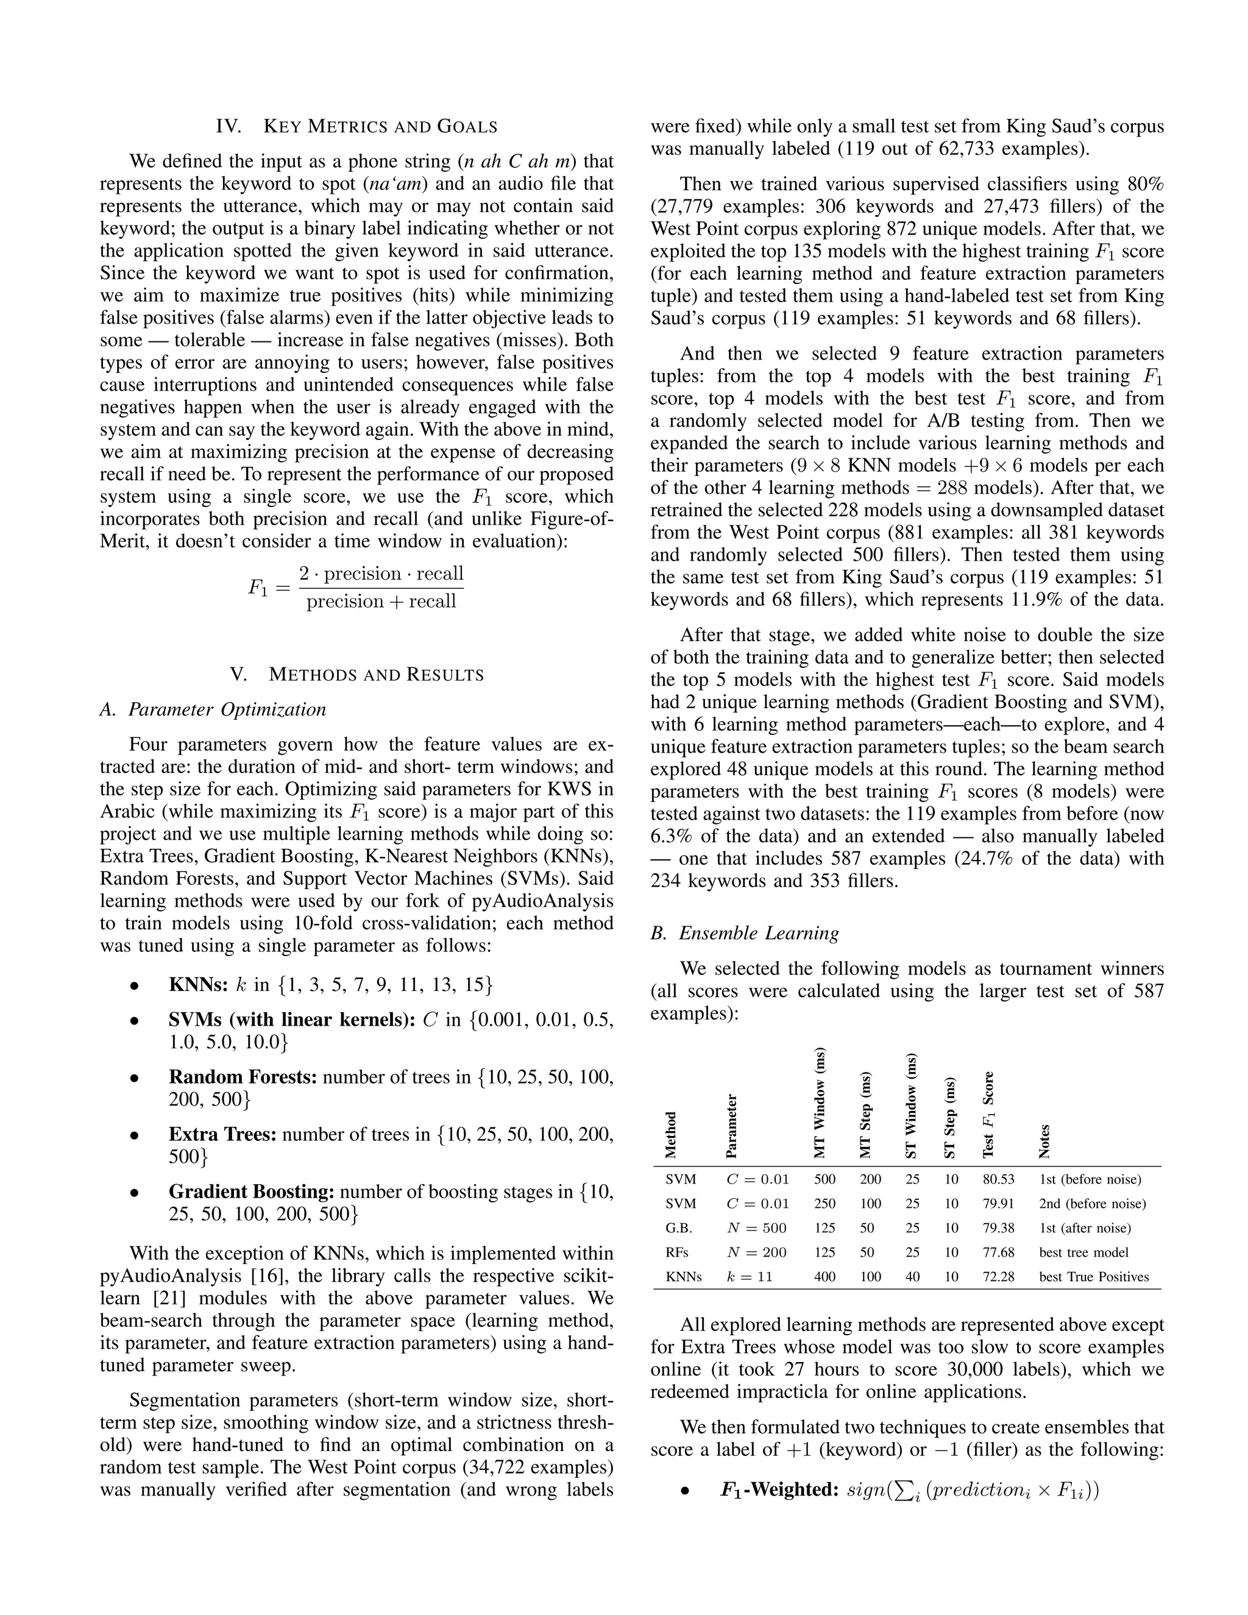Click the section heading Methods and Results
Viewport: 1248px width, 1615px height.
(x=356, y=675)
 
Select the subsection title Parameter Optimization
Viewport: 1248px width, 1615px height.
(x=213, y=709)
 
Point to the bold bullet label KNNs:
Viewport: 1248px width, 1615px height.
(x=198, y=985)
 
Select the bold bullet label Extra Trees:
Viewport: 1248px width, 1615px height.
(x=222, y=1134)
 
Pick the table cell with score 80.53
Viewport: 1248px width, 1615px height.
(x=998, y=1179)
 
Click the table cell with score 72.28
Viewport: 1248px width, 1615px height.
(x=998, y=1277)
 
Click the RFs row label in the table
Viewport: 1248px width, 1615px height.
(x=676, y=1252)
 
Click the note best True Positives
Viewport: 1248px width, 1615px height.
(x=1093, y=1277)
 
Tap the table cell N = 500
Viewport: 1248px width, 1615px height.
(x=756, y=1228)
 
